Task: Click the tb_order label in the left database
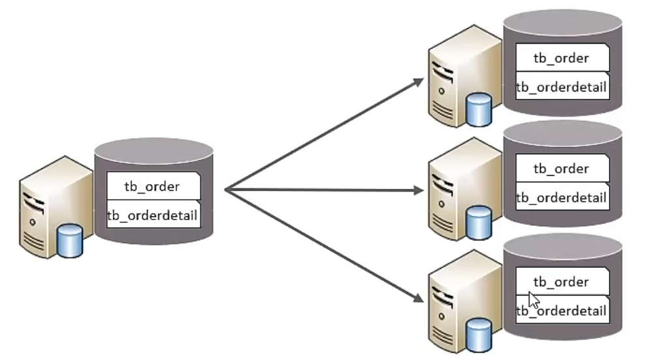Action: pyautogui.click(x=152, y=186)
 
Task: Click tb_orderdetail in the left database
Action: pyautogui.click(x=152, y=215)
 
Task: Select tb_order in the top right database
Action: pyautogui.click(x=561, y=58)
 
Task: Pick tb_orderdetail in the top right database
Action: pyautogui.click(x=562, y=88)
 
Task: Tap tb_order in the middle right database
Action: pyautogui.click(x=561, y=169)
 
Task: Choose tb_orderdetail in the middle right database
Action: pyautogui.click(x=562, y=197)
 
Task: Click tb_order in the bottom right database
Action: pyautogui.click(x=561, y=282)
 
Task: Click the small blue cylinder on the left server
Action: pyautogui.click(x=70, y=240)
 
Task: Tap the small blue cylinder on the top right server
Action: pyautogui.click(x=479, y=110)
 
